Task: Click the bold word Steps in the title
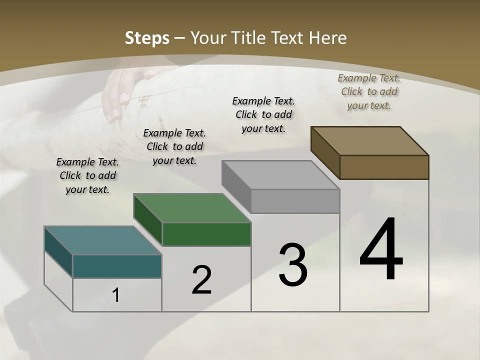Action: (147, 38)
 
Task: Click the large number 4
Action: (381, 249)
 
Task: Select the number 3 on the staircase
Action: (293, 265)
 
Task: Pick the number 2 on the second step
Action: (201, 280)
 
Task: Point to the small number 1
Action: (116, 295)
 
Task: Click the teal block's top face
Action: (102, 240)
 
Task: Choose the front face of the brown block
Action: (384, 167)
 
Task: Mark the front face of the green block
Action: (206, 234)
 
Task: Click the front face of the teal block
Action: (117, 266)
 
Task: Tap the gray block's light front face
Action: (295, 201)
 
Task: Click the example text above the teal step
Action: (87, 175)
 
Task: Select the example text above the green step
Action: (174, 146)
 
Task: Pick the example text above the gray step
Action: (263, 114)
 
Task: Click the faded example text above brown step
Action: (369, 91)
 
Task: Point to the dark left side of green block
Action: (148, 220)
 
